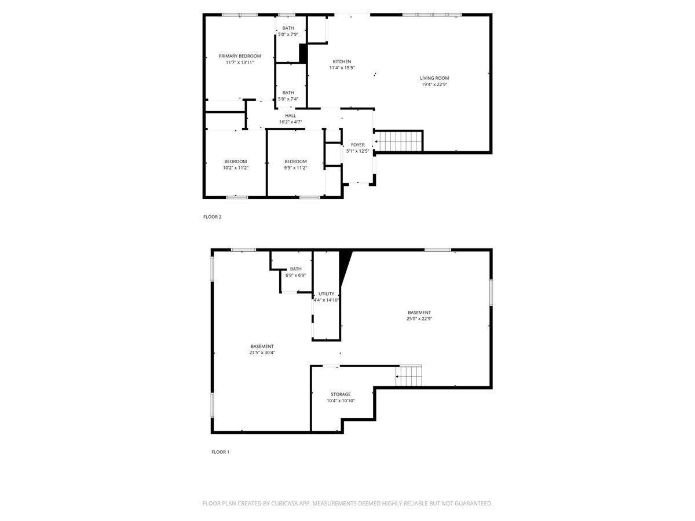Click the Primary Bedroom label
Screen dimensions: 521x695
[x=239, y=56]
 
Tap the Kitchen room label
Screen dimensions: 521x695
[x=342, y=61]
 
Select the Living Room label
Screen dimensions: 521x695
[x=434, y=78]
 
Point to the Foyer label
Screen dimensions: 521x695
[x=357, y=145]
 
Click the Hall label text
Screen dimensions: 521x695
[x=290, y=116]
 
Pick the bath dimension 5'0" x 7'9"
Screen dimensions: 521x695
[x=288, y=35]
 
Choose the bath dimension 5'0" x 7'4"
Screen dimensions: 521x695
[x=288, y=99]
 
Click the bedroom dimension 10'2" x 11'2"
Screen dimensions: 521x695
[x=235, y=168]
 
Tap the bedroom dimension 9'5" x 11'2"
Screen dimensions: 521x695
[x=295, y=168]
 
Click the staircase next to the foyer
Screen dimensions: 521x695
[x=399, y=141]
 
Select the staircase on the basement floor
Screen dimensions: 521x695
[x=409, y=376]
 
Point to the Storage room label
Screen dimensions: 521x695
[x=341, y=394]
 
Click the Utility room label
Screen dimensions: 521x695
[x=326, y=293]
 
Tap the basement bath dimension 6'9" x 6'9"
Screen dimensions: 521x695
[x=295, y=275]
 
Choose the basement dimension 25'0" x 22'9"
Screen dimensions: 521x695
[x=419, y=318]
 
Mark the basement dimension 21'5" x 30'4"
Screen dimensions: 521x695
[x=262, y=352]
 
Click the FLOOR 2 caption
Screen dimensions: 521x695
[x=212, y=217]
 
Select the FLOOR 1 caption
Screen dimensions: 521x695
[x=220, y=452]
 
